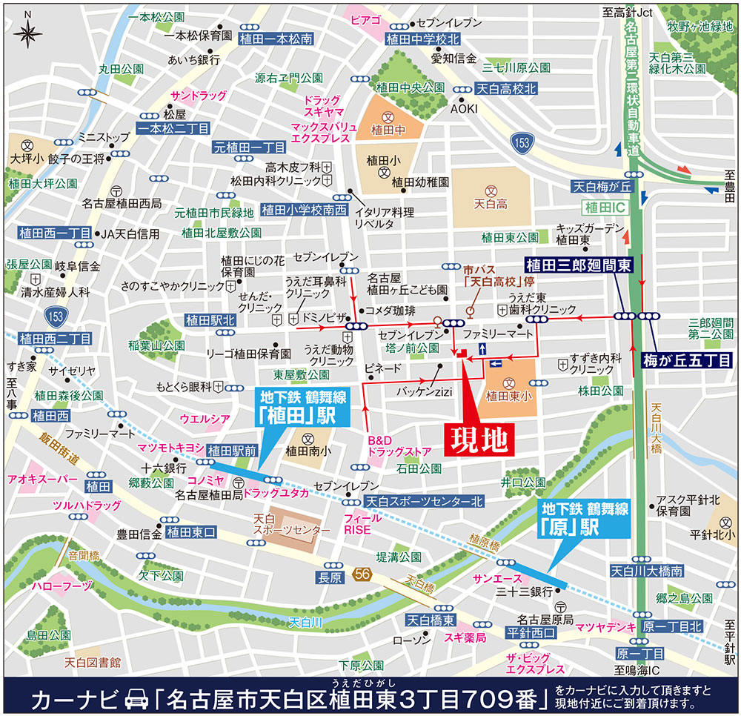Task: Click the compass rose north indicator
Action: pos(27,30)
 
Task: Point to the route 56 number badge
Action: pos(362,573)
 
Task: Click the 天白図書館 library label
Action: pos(92,662)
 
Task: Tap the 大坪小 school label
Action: pos(27,158)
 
